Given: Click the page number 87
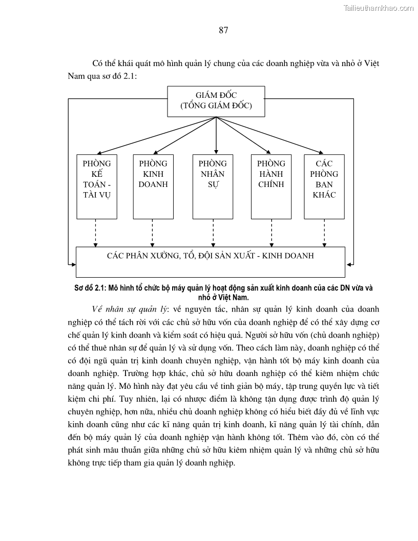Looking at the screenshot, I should pyautogui.click(x=223, y=30).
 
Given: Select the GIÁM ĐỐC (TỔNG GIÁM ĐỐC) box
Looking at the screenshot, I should pyautogui.click(x=216, y=101).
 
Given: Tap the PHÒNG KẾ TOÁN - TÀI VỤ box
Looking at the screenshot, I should pyautogui.click(x=96, y=186).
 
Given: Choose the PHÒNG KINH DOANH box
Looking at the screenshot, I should pyautogui.click(x=153, y=186).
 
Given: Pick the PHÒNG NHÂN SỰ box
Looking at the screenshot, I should pyautogui.click(x=213, y=186).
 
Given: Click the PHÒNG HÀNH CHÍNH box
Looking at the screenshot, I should pyautogui.click(x=271, y=186).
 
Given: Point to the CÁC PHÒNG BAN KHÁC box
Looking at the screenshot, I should pyautogui.click(x=324, y=186).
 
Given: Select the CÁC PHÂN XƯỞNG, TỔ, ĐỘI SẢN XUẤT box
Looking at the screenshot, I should pyautogui.click(x=210, y=262).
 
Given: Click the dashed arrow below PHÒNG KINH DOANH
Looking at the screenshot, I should pyautogui.click(x=153, y=233).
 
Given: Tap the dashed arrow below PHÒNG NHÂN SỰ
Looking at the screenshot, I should pyautogui.click(x=213, y=233).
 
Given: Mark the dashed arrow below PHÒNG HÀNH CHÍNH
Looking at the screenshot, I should pyautogui.click(x=271, y=233).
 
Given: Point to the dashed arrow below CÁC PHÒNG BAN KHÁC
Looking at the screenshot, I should pyautogui.click(x=324, y=233).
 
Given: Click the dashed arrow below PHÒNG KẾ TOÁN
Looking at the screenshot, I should pyautogui.click(x=96, y=233).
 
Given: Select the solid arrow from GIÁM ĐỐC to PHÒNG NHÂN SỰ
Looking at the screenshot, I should pyautogui.click(x=216, y=135).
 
